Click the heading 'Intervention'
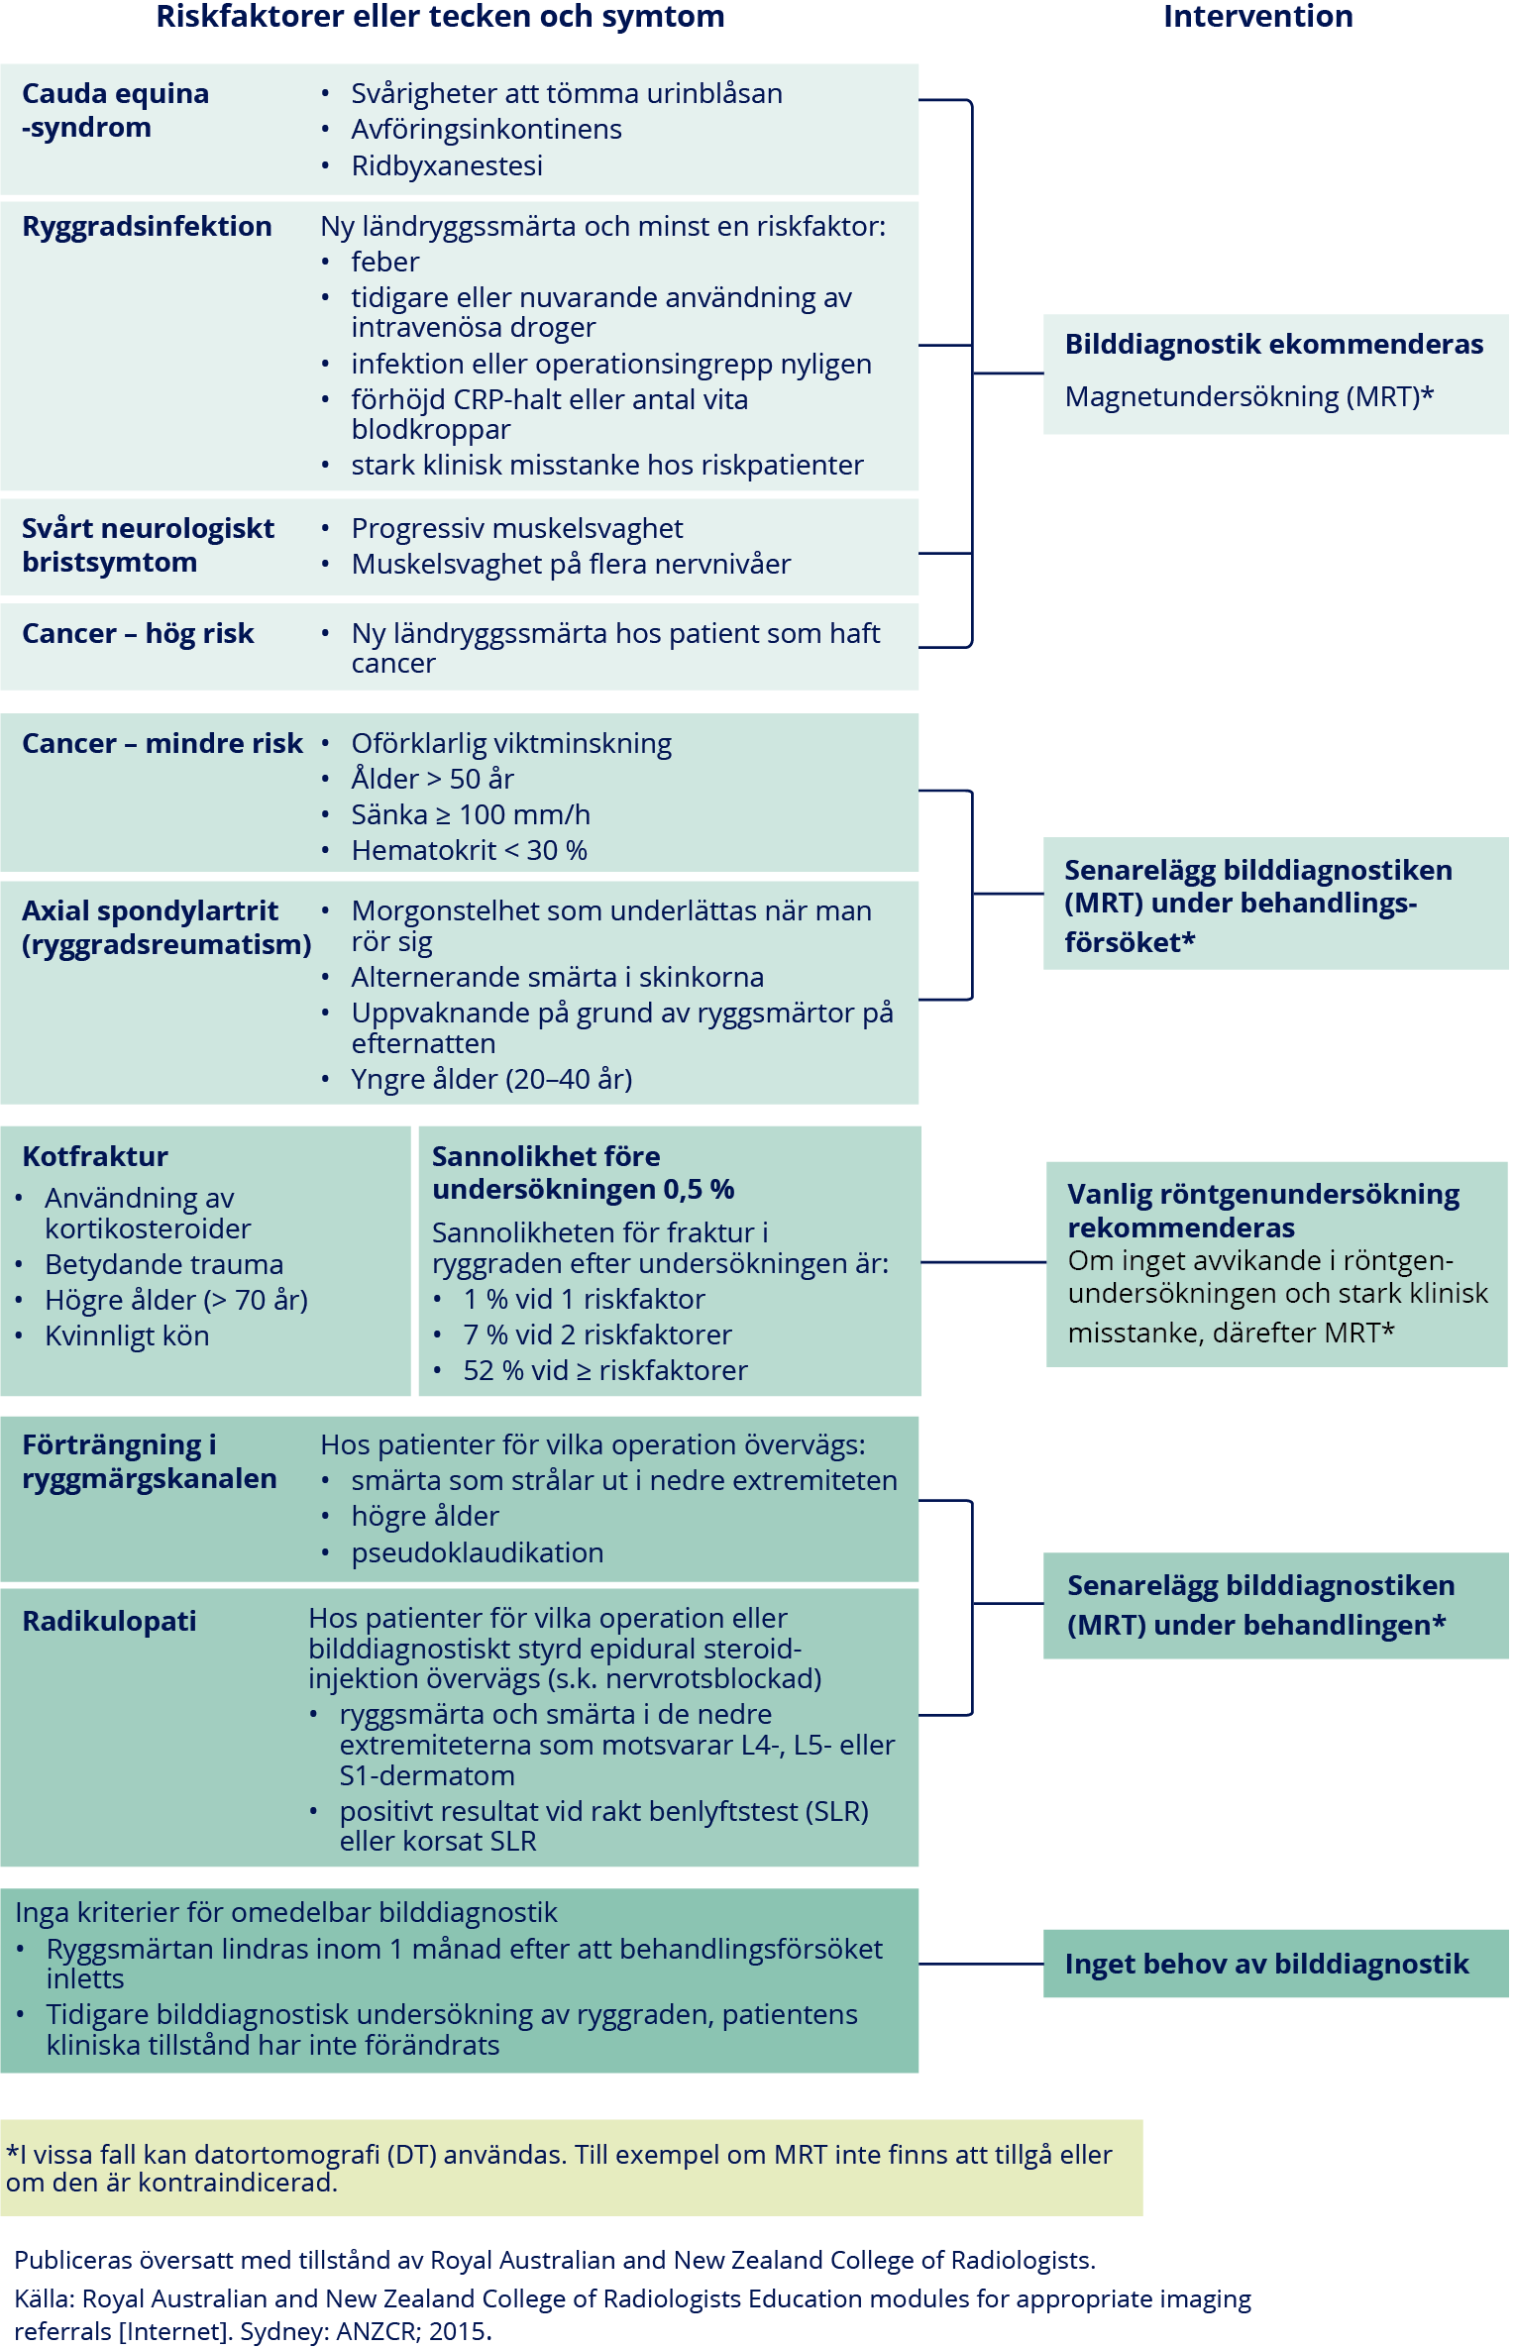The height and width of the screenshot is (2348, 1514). coord(1257,17)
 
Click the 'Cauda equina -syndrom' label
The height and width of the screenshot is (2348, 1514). coord(115,110)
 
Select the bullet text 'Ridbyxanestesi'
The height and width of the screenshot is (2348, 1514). coord(447,165)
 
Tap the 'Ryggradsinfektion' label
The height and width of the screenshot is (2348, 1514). coord(147,226)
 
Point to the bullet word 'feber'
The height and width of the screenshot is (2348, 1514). coord(385,262)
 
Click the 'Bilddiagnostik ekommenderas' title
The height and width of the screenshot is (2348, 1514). coord(1273,344)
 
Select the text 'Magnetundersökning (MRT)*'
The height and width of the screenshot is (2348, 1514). coord(1248,396)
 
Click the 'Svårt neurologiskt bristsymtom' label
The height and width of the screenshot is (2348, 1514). coord(148,545)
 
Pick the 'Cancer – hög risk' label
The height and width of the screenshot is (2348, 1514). coord(138,633)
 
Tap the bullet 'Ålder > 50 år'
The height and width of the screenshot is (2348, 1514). coord(432,779)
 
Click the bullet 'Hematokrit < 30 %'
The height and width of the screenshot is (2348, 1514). coord(469,850)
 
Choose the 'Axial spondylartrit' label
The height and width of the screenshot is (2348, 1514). coord(150,910)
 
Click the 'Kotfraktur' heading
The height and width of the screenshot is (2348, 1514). coord(95,1156)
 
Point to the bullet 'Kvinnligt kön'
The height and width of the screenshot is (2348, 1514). coord(127,1335)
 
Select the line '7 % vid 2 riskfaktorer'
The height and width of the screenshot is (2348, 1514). coord(596,1334)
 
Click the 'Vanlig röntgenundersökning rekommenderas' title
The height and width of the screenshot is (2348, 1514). coord(1262,1211)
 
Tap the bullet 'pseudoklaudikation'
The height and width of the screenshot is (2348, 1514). coord(477,1552)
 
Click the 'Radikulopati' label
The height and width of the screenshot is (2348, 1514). coord(109,1621)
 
